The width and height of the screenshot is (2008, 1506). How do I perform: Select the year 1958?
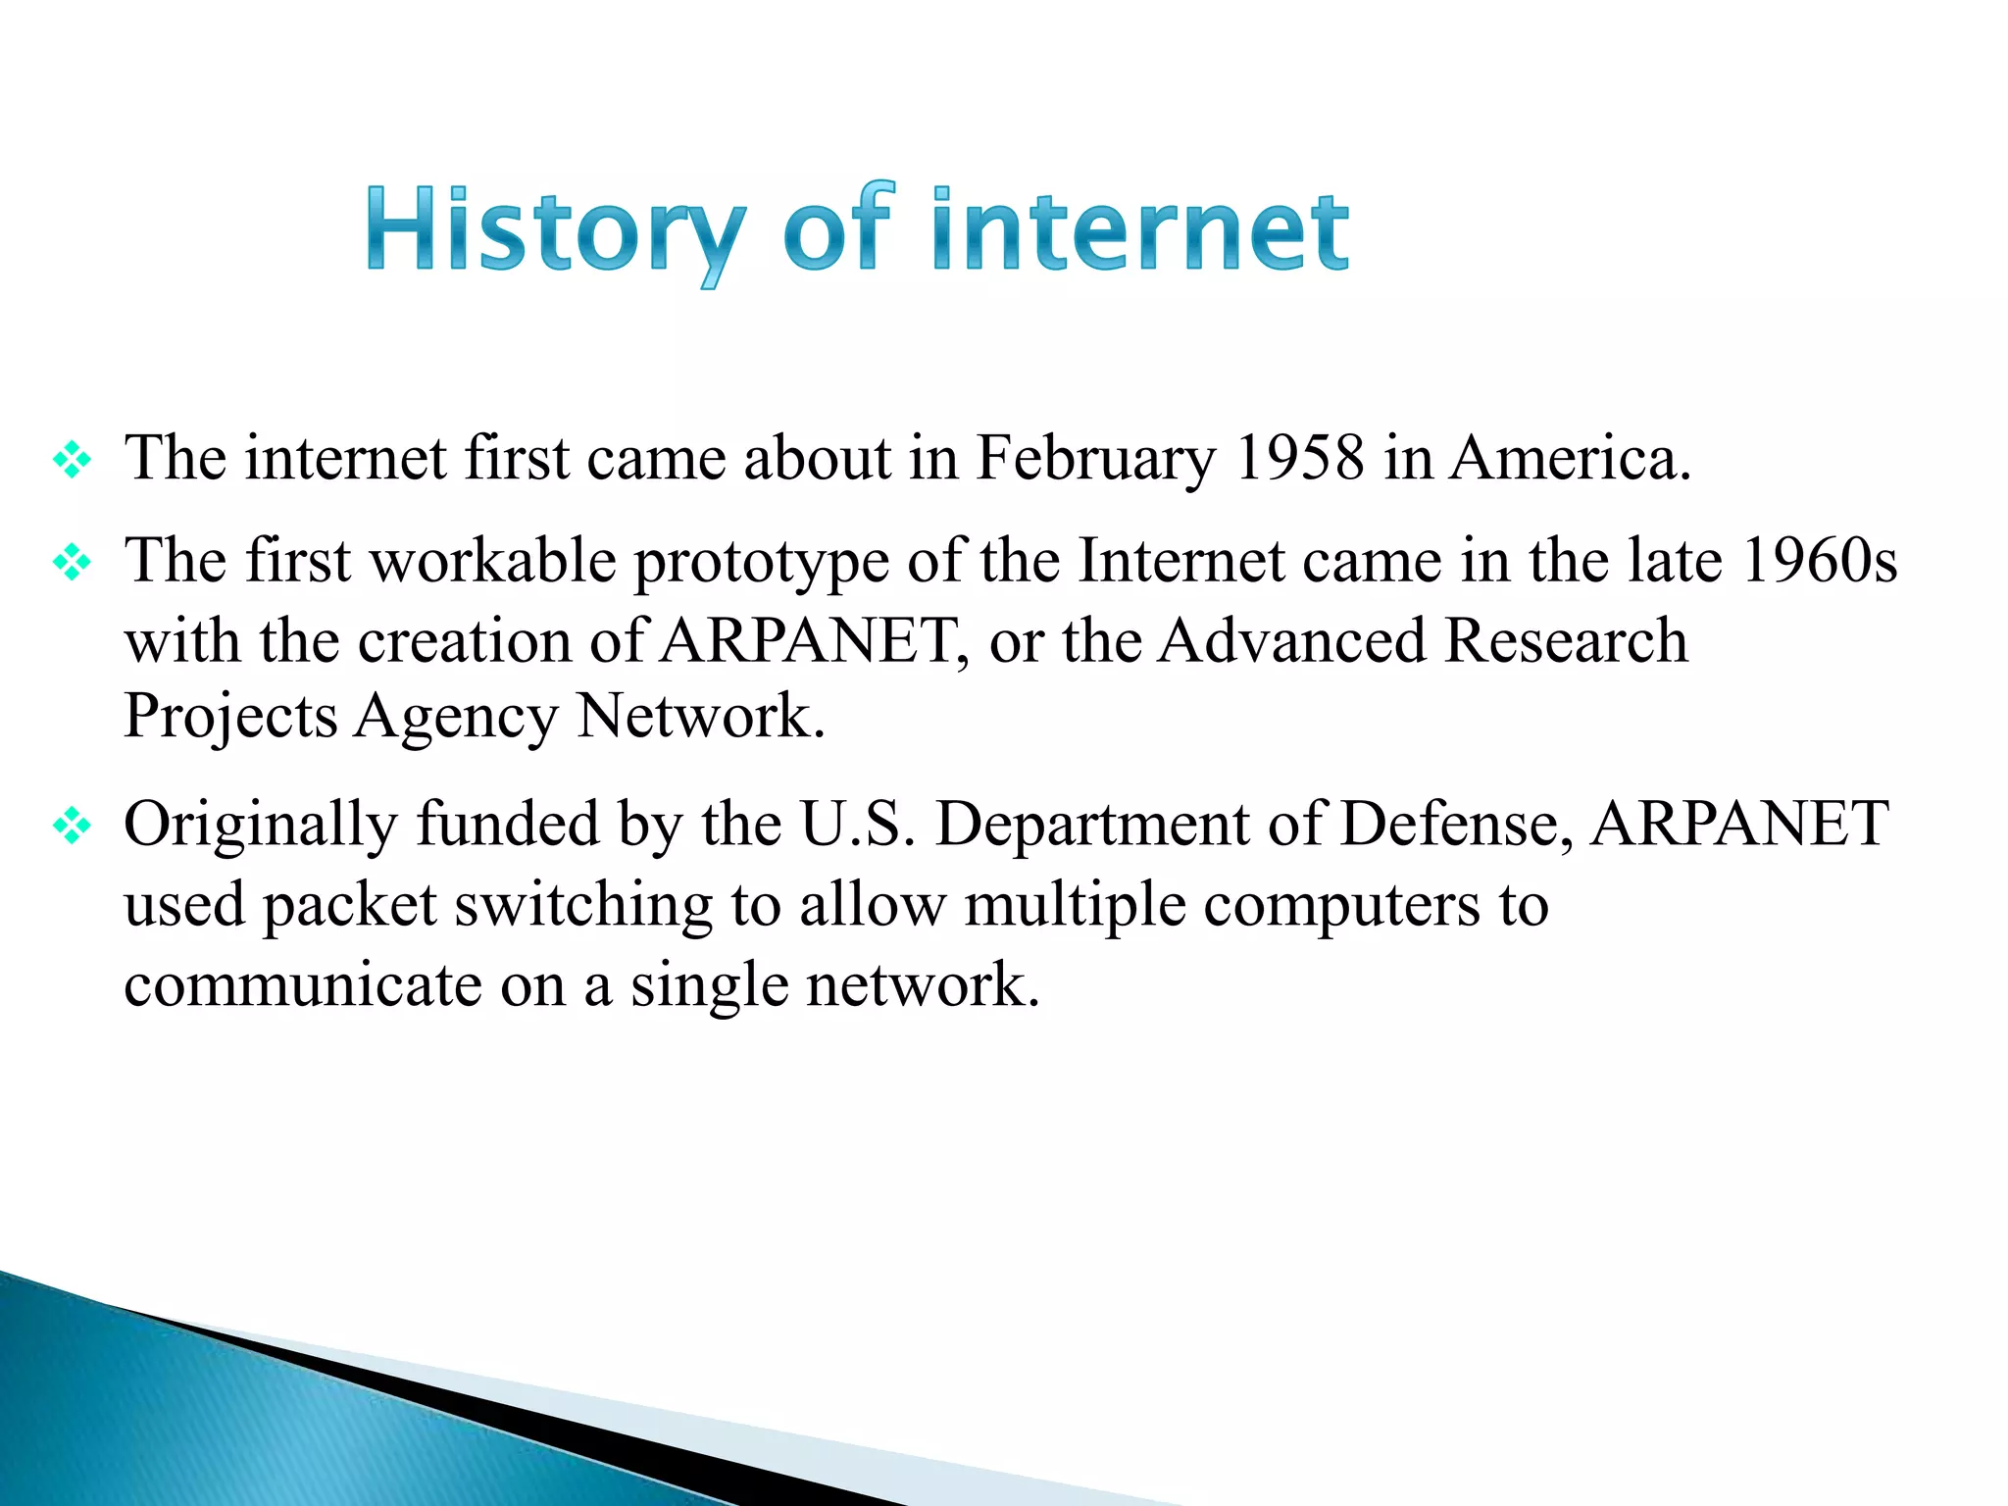1298,458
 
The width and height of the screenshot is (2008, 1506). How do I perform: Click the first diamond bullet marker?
73,460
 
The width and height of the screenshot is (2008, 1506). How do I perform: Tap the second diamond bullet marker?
73,563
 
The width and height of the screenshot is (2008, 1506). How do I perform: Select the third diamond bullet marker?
73,826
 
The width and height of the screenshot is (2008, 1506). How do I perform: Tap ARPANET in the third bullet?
1738,824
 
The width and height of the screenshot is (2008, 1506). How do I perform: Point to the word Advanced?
1291,641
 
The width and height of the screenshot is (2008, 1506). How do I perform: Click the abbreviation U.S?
858,824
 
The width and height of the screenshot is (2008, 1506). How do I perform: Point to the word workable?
493,561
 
